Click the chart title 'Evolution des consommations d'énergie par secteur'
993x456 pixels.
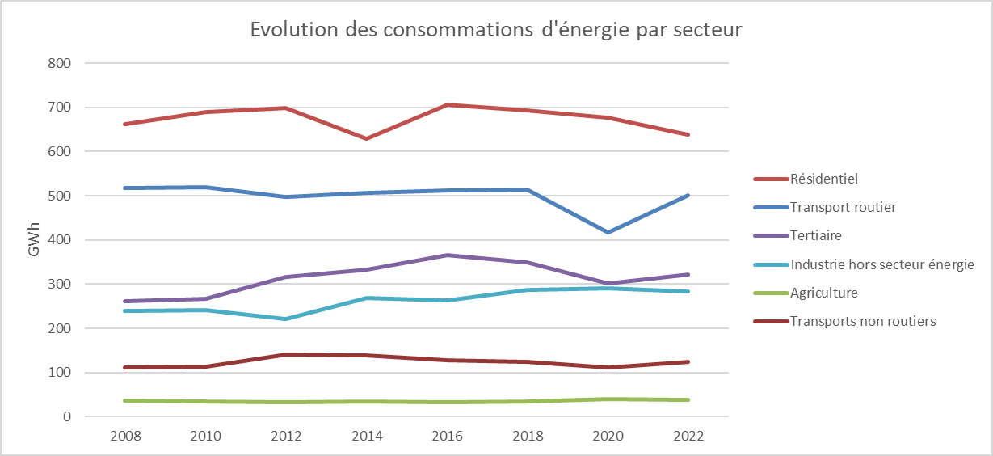495,30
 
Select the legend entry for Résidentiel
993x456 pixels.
824,179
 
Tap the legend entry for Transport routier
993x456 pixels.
842,207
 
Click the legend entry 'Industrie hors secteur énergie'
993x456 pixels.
871,264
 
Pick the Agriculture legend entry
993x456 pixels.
824,293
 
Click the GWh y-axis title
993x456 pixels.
34,240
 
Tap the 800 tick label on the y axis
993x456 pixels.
61,63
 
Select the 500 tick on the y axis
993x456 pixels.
61,196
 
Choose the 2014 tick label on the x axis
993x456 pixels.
367,436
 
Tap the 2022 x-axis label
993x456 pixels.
688,436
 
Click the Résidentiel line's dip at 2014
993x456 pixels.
367,138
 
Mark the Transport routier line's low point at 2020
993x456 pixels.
608,232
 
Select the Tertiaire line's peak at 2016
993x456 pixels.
447,255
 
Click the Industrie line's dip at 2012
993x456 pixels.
286,319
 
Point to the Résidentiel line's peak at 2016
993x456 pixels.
447,105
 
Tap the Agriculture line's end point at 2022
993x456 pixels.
688,399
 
